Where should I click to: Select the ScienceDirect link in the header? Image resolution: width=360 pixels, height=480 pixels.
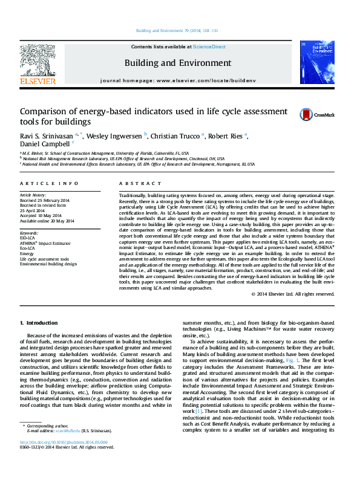[209, 47]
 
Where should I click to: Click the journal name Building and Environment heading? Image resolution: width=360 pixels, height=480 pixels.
[178, 63]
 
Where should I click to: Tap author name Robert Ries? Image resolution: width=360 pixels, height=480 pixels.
[227, 136]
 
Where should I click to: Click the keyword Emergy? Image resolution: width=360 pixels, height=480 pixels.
[28, 253]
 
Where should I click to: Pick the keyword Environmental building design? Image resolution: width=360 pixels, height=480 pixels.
[48, 264]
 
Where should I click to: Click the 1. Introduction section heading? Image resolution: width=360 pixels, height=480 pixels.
[39, 322]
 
